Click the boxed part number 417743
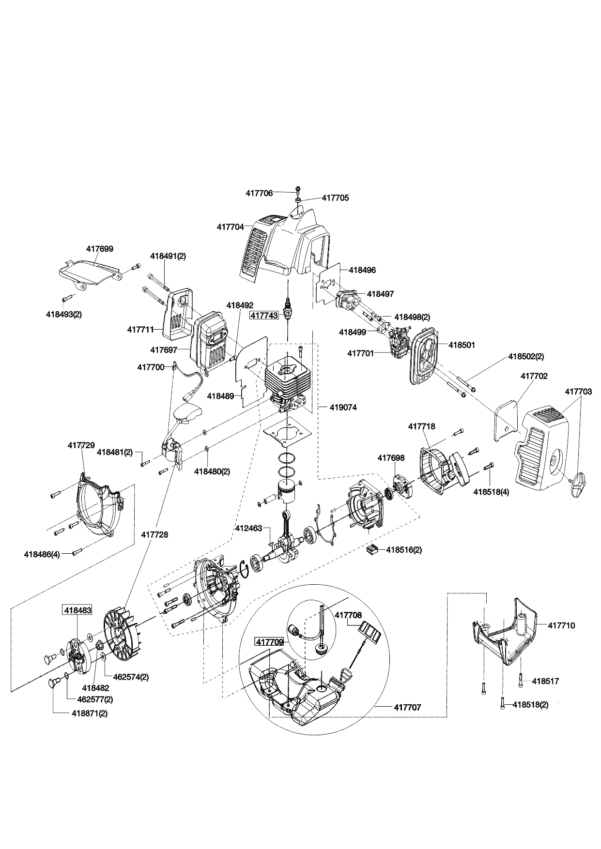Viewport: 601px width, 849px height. coord(264,315)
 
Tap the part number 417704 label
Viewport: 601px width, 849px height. coord(230,227)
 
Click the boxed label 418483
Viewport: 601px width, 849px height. coord(77,610)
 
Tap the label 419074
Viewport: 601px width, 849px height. coord(343,408)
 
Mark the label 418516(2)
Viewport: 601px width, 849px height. coord(404,550)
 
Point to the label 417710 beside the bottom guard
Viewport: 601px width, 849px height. coord(561,625)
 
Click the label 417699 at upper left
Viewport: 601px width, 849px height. coord(100,249)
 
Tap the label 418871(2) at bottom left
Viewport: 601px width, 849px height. coord(90,713)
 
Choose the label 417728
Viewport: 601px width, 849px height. coord(154,535)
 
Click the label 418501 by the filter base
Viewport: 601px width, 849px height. coord(462,345)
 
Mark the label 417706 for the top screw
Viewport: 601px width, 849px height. coord(259,193)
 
